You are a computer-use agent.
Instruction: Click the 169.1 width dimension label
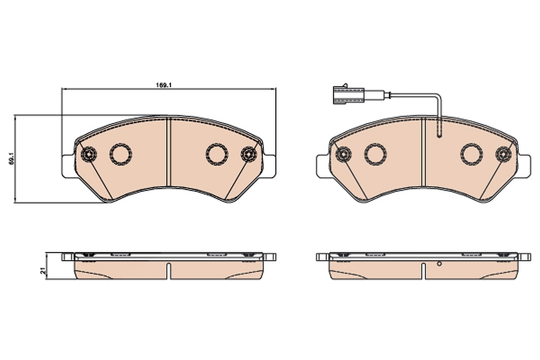(x=164, y=85)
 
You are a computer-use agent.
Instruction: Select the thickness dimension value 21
(x=43, y=270)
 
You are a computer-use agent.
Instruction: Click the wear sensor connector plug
(x=347, y=95)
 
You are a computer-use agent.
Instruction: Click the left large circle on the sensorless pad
(x=121, y=154)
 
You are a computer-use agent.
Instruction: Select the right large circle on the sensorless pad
(x=217, y=154)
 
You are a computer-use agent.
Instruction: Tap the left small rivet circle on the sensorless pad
(x=89, y=154)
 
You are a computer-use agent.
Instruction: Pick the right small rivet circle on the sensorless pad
(x=249, y=154)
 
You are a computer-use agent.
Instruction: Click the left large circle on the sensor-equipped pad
(x=376, y=154)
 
